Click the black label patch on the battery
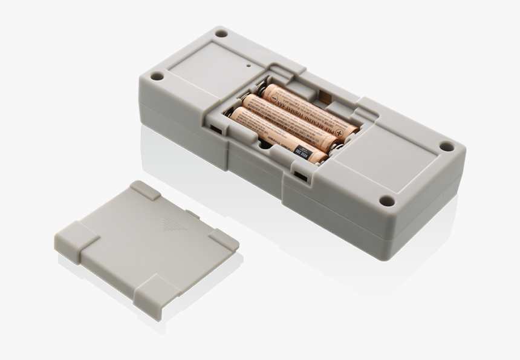(x=302, y=151)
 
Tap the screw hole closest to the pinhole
(x=221, y=34)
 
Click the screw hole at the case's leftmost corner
(x=157, y=76)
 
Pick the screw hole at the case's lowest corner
(x=386, y=201)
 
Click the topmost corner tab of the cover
(x=146, y=190)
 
